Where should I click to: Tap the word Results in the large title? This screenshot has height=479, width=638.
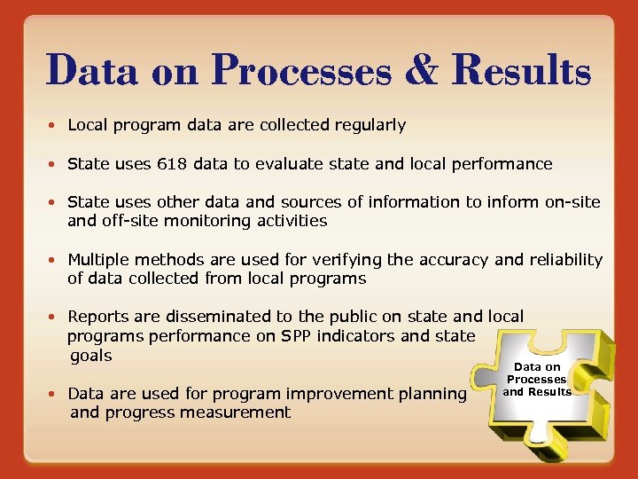coord(520,70)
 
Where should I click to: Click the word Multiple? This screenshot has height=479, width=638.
coord(97,260)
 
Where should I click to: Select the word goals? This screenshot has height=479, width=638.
coord(91,356)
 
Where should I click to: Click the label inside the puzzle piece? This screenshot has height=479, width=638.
coord(538,379)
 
